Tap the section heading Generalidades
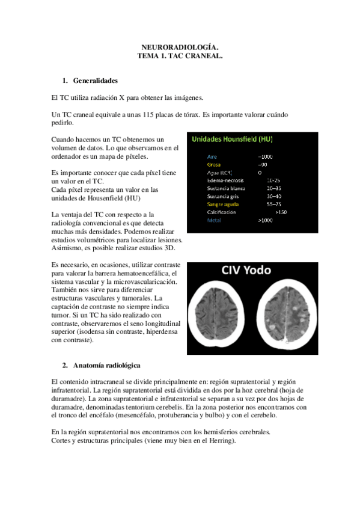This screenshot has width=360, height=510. coord(94,81)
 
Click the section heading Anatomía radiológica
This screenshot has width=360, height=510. coord(106,365)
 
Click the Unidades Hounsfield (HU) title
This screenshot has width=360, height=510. coord(231,140)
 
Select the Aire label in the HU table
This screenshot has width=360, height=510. coord(212,156)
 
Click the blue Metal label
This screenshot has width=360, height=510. coord(213,221)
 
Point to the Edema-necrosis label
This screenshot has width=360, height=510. coord(225,180)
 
